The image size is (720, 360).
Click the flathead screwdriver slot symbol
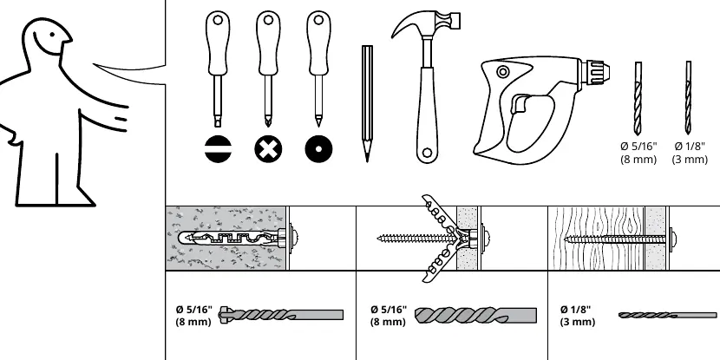tap(218, 149)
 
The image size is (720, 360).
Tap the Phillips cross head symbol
tap(268, 149)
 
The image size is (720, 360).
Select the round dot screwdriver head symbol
tap(318, 149)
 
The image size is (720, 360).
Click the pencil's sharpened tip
tap(367, 160)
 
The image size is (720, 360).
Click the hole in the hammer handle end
tap(427, 153)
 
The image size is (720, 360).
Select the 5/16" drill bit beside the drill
tap(638, 98)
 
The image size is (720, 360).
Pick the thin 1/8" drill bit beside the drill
tap(688, 97)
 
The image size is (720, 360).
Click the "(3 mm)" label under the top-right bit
tap(690, 160)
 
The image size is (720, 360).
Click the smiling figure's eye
tap(53, 34)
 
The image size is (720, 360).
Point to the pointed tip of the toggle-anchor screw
tap(379, 239)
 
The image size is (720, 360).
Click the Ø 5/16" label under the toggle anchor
tap(389, 310)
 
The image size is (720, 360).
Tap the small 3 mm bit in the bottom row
tap(667, 315)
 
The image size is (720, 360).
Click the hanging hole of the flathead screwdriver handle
tap(218, 20)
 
